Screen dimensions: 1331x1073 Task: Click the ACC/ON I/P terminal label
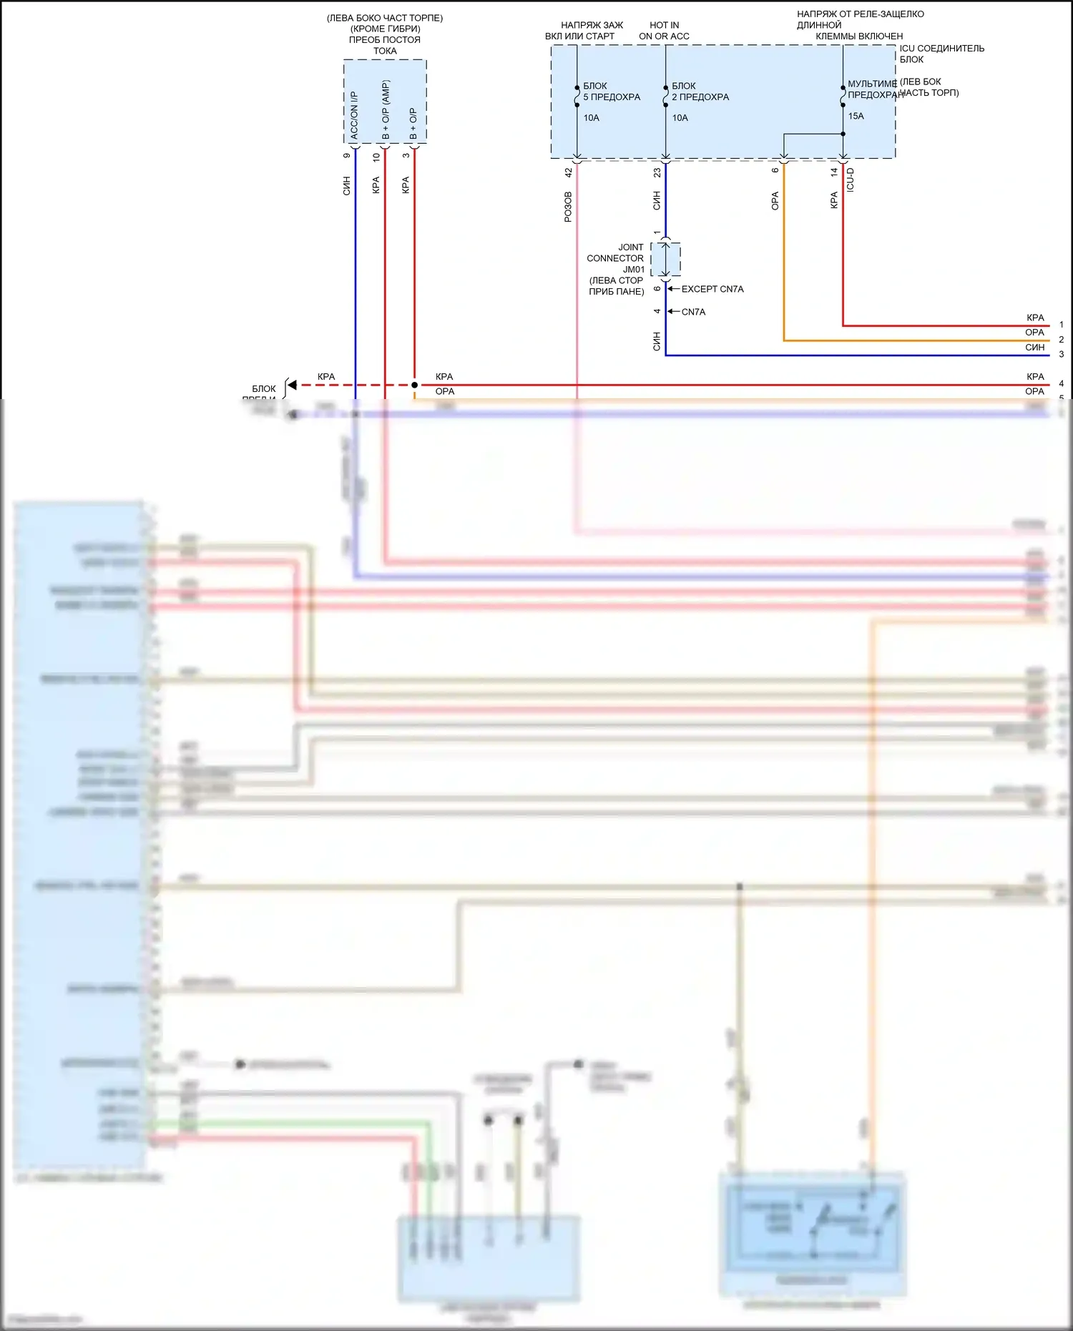click(354, 115)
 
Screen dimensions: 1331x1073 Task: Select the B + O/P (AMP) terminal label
click(386, 110)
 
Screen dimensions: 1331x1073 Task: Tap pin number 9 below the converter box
click(347, 156)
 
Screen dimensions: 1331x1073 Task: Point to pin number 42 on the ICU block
click(569, 173)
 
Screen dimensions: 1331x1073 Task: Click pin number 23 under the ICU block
click(657, 173)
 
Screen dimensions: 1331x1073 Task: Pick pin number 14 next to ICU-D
click(834, 172)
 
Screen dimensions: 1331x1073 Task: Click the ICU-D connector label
click(851, 180)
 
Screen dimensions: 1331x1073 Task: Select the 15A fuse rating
click(856, 116)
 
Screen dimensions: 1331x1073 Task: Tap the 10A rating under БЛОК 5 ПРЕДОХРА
click(592, 118)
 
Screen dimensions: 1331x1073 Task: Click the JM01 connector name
click(634, 270)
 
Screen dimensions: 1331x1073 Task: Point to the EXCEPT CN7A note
click(712, 289)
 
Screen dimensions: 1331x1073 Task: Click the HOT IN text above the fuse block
click(665, 25)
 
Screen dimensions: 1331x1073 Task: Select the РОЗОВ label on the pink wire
click(569, 207)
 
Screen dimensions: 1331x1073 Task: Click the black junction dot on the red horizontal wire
click(414, 385)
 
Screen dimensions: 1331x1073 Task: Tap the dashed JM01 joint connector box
click(665, 259)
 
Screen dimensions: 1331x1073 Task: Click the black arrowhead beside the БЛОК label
click(292, 385)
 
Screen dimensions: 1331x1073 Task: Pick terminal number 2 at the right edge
click(1062, 340)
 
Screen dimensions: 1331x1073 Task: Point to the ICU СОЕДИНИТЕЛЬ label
click(942, 49)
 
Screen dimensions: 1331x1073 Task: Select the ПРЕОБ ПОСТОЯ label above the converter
click(385, 40)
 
